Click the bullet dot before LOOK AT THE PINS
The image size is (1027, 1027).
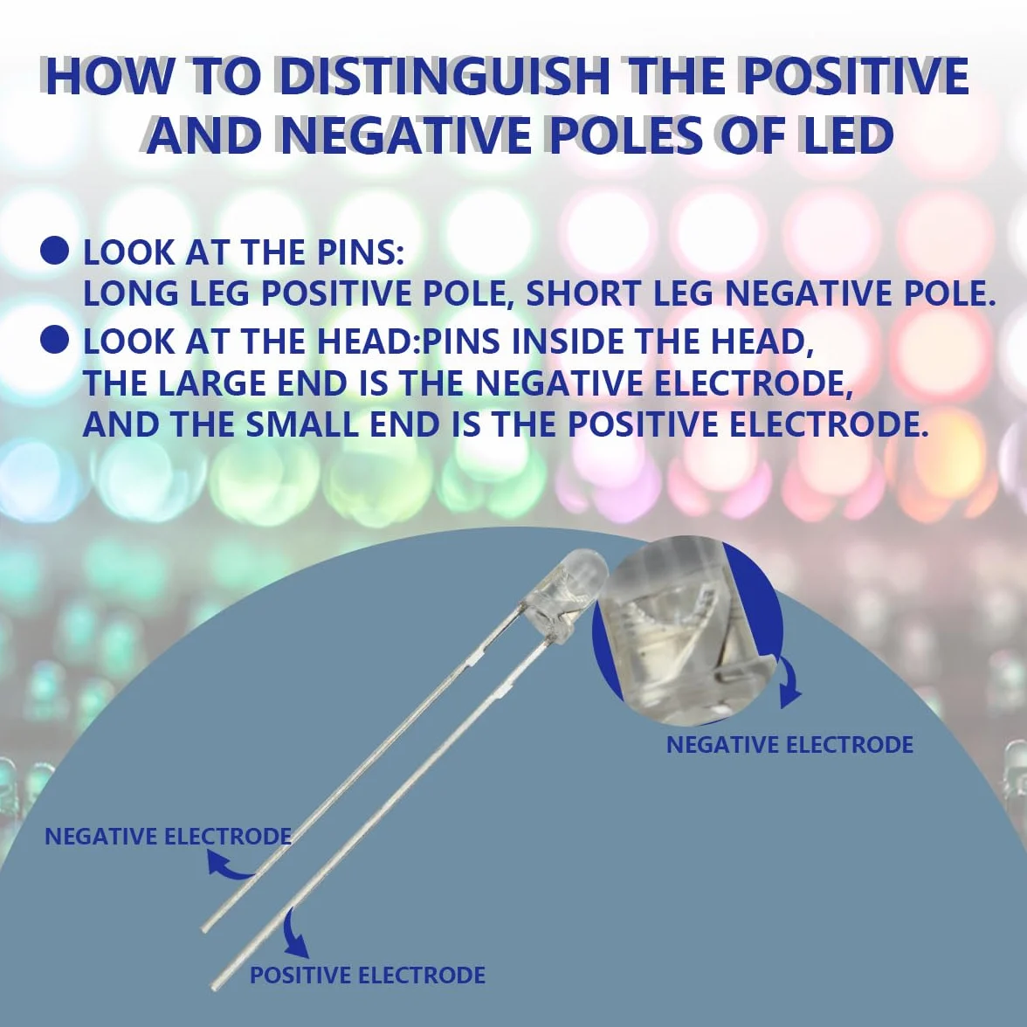tap(54, 252)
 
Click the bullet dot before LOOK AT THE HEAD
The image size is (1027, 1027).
tap(54, 341)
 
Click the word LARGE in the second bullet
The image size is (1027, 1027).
tap(212, 384)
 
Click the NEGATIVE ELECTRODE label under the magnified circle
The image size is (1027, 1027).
tap(789, 745)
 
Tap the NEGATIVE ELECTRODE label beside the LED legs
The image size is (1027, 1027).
tap(168, 837)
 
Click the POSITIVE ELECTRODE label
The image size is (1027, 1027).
tap(368, 975)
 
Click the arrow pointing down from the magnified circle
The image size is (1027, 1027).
tap(789, 681)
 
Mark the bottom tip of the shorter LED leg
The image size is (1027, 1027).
tap(203, 928)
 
